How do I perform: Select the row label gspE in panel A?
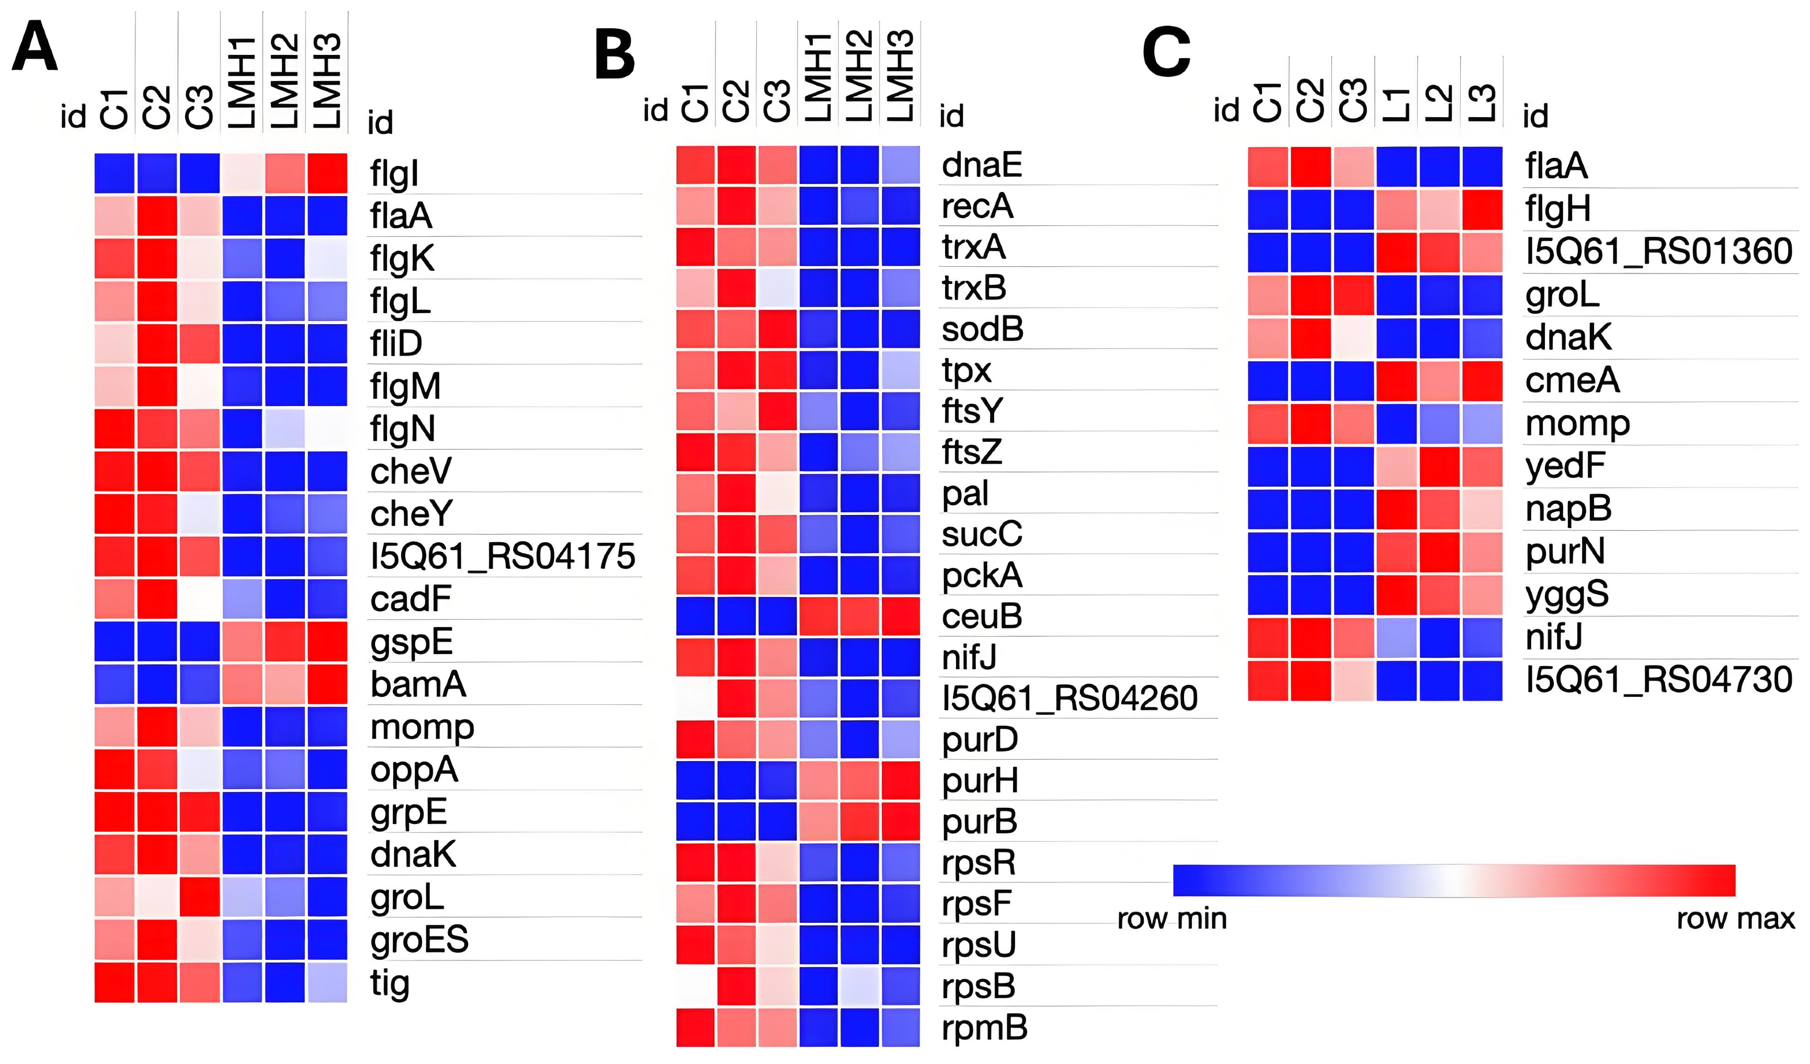pos(412,641)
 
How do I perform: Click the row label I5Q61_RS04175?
pos(502,556)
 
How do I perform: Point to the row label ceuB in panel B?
pos(981,616)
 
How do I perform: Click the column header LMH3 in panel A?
pos(327,81)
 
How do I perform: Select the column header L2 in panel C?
pos(1439,102)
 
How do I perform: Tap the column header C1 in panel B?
pos(695,102)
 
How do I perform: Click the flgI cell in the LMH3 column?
pos(327,173)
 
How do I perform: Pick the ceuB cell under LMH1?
pos(818,616)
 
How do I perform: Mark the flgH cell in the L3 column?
pos(1482,209)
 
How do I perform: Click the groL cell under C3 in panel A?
pos(199,897)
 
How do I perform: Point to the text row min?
pos(1171,918)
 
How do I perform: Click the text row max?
pos(1735,918)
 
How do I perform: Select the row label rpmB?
pos(984,1027)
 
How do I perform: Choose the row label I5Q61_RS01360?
pos(1658,251)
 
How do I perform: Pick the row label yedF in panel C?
pos(1564,466)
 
